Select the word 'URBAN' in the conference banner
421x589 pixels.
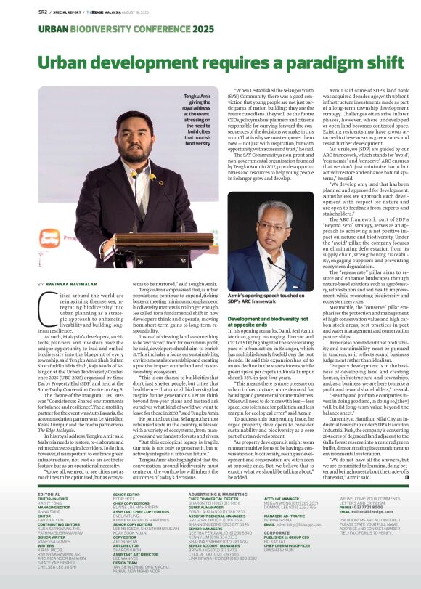pyautogui.click(x=31, y=28)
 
